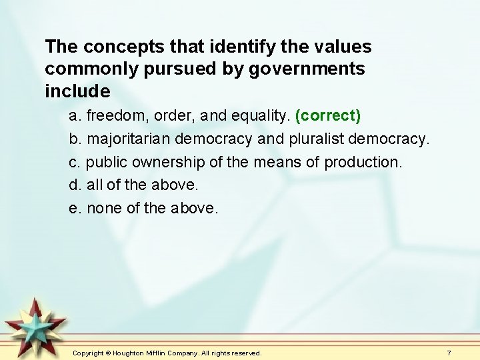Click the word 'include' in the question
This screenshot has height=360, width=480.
pyautogui.click(x=77, y=91)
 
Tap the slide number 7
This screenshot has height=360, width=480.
pyautogui.click(x=449, y=352)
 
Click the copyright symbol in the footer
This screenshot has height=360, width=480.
pyautogui.click(x=107, y=352)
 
